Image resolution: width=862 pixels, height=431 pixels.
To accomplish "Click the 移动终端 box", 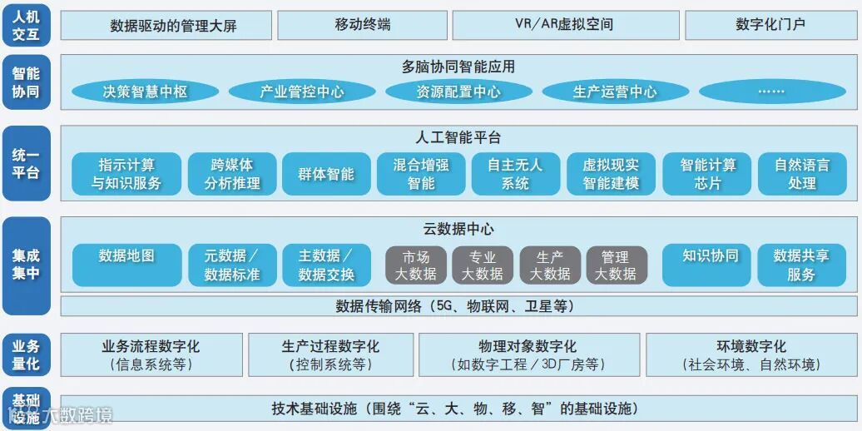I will pos(363,25).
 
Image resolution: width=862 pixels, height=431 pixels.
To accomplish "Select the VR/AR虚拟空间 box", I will pos(564,25).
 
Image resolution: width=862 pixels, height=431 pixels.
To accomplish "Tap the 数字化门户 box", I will pos(770,25).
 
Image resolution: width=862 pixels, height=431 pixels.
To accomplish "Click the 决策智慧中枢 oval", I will pos(145,92).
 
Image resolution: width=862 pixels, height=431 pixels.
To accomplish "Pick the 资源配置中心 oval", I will pos(458,92).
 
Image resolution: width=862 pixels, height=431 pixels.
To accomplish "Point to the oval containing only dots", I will pos(771,92).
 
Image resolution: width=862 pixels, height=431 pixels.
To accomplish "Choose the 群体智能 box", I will pos(326,174).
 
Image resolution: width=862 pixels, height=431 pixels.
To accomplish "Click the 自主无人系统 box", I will pos(515,174).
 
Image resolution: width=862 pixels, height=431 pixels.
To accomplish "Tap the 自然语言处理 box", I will pos(802,174).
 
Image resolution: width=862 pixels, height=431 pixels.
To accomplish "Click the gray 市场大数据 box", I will pos(415,265).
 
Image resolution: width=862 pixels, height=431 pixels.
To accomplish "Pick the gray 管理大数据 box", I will pos(616,265).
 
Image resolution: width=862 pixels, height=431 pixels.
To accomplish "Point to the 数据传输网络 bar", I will pos(454,306).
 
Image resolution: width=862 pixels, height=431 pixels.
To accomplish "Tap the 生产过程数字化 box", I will pos(330,354).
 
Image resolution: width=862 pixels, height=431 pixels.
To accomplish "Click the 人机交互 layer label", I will pos(26,25).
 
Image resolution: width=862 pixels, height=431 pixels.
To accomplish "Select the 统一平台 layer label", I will pos(26,164).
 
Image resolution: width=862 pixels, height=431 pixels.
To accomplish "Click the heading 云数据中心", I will pos(458,229).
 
